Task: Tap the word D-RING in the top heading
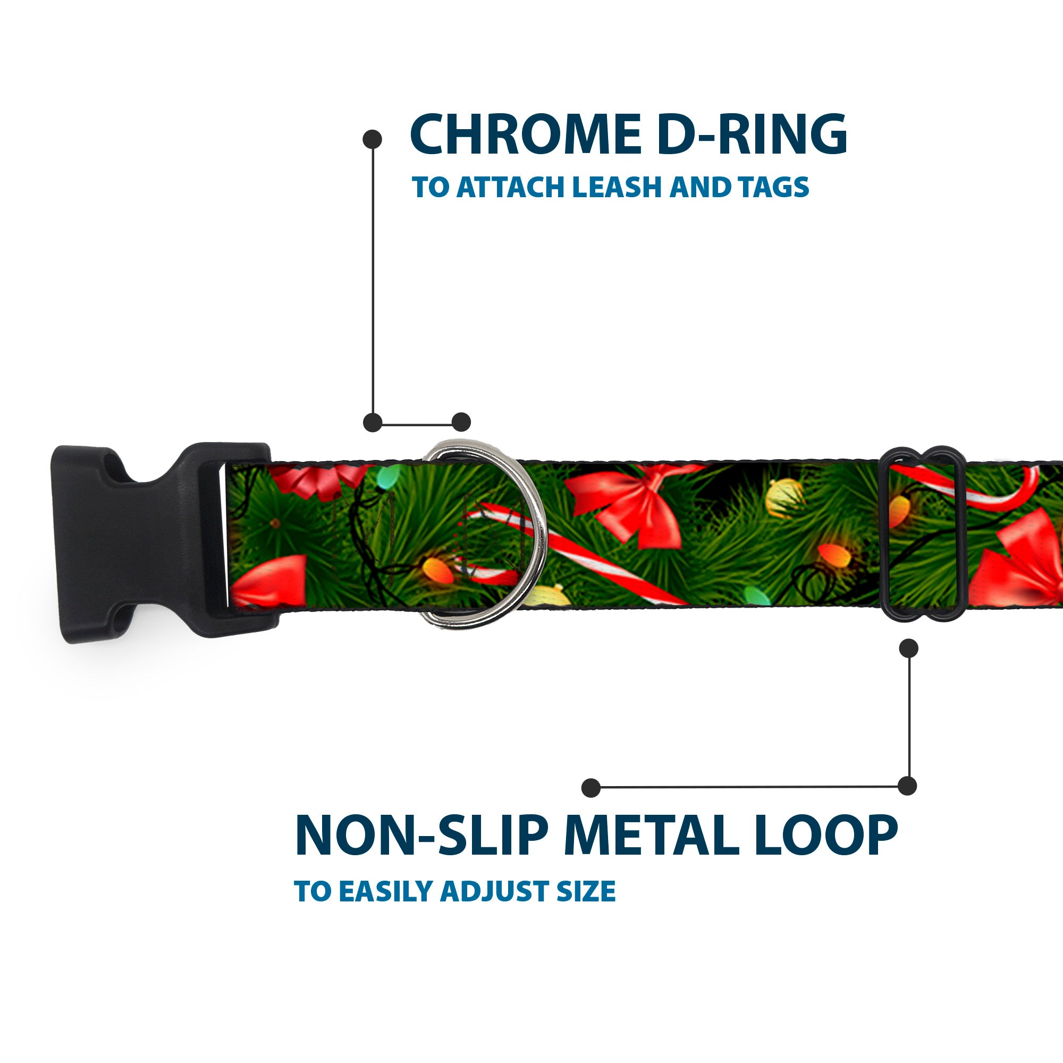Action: [x=752, y=134]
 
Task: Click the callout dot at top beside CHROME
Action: [x=373, y=139]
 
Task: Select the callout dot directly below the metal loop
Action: [x=908, y=647]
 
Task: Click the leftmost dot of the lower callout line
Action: [x=591, y=787]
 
